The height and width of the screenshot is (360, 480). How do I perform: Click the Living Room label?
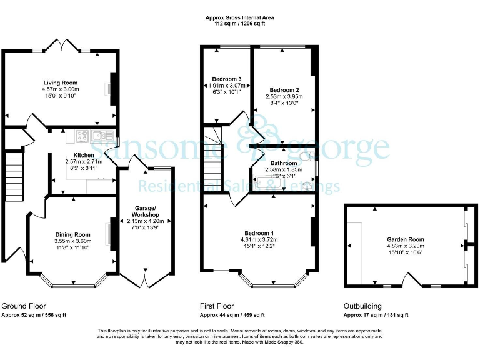pyautogui.click(x=61, y=82)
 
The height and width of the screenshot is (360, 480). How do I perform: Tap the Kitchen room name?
pyautogui.click(x=84, y=155)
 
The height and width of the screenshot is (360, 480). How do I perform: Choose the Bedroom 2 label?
pyautogui.click(x=284, y=90)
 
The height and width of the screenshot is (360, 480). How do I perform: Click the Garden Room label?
pyautogui.click(x=404, y=239)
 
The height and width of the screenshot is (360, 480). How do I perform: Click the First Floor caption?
pyautogui.click(x=217, y=306)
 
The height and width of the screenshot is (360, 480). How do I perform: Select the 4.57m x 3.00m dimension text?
pyautogui.click(x=61, y=89)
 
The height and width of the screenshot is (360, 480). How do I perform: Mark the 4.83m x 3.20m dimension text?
pyautogui.click(x=404, y=246)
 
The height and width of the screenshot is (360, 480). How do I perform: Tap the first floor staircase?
pyautogui.click(x=213, y=166)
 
